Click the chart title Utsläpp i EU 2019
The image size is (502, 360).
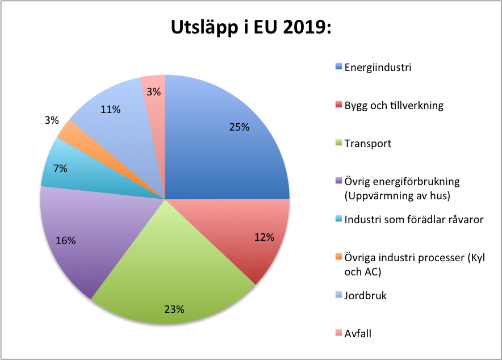coord(251,29)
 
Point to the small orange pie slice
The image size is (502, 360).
coord(66,129)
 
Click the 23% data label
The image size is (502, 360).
coord(174,309)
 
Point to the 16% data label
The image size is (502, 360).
coord(66,240)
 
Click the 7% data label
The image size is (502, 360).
coord(61,168)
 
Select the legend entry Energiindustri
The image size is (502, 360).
coord(378,67)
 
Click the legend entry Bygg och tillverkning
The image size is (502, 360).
coord(394,105)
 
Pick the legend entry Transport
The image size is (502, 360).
coord(368,143)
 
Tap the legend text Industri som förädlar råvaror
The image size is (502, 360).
coord(414,219)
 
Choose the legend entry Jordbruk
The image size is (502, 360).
coord(366,295)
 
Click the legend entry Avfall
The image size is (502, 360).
coord(358,333)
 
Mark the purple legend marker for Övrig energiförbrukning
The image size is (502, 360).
coord(339,181)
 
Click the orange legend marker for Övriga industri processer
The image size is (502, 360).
coord(339,257)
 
